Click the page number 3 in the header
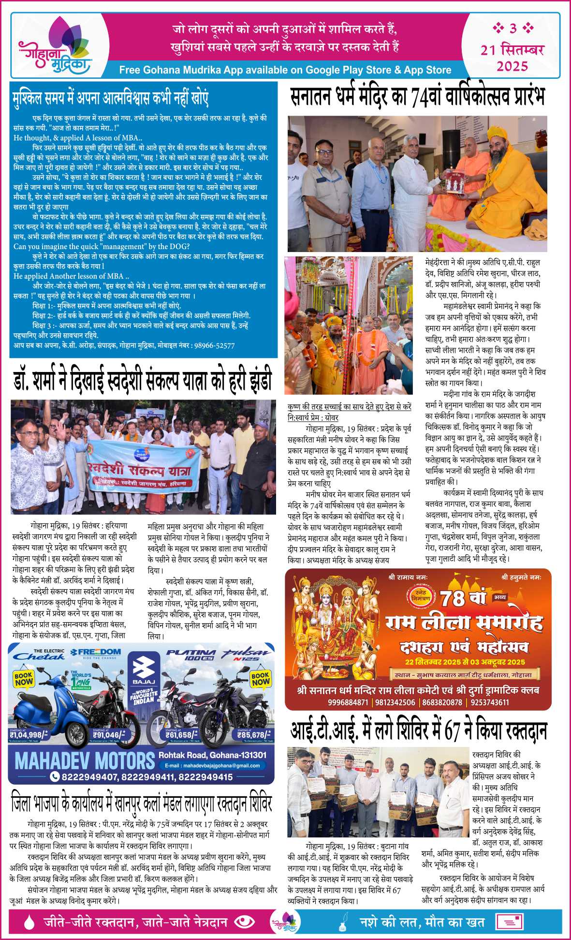pos(513,29)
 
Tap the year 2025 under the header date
pos(512,66)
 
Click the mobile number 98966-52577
pos(213,345)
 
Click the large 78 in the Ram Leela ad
pos(453,599)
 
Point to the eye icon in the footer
pos(244,922)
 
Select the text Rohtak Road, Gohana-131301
pos(212,755)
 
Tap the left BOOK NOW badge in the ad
pos(23,679)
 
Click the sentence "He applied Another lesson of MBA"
pos(71,276)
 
